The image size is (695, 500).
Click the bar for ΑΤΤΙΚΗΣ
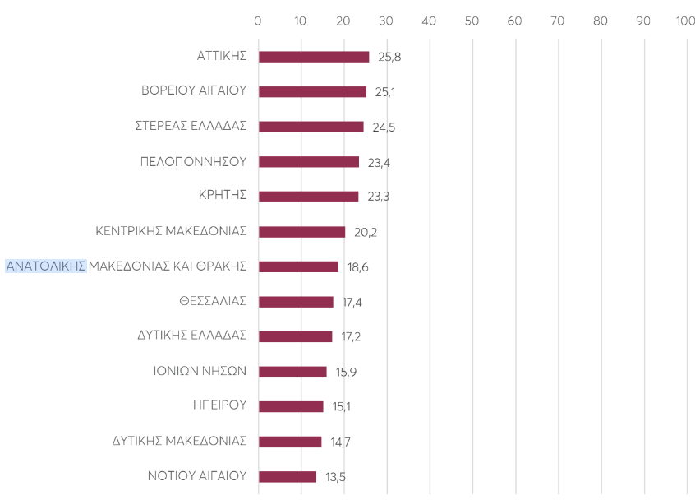pyautogui.click(x=314, y=57)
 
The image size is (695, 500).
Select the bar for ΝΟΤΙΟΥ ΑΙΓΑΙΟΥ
pyautogui.click(x=288, y=476)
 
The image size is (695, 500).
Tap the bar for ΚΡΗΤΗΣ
pyautogui.click(x=308, y=197)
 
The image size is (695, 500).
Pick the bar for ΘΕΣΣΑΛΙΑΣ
pyautogui.click(x=296, y=302)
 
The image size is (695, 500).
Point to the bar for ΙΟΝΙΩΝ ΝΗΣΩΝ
pyautogui.click(x=292, y=372)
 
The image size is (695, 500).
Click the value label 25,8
pyautogui.click(x=389, y=58)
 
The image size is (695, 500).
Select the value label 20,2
pyautogui.click(x=366, y=232)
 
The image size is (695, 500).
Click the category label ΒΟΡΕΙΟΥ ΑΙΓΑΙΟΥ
pyautogui.click(x=194, y=91)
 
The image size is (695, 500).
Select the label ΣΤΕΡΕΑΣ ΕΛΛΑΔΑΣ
pyautogui.click(x=191, y=127)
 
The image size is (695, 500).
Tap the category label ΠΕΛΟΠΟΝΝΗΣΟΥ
pyautogui.click(x=193, y=161)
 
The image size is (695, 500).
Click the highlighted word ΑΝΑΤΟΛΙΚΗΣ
pyautogui.click(x=46, y=266)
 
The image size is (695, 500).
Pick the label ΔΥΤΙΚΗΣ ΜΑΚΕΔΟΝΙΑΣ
pyautogui.click(x=179, y=441)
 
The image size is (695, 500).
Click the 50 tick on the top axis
pyautogui.click(x=472, y=21)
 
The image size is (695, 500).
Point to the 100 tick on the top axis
pyautogui.click(x=685, y=21)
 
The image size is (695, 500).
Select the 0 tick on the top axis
pyautogui.click(x=258, y=21)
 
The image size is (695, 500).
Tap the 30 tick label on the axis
pyautogui.click(x=386, y=21)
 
